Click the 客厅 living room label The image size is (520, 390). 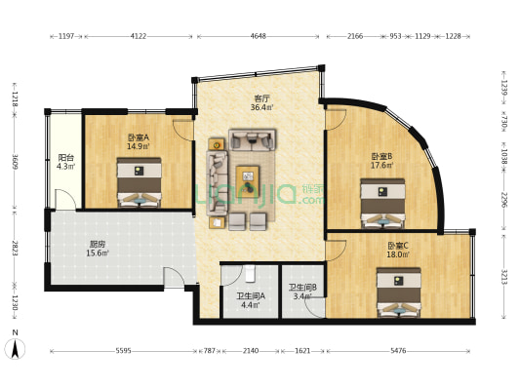260,98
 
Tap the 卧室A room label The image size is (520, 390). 138,137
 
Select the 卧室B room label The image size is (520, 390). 380,156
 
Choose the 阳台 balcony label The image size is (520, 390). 65,157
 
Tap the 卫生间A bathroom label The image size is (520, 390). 250,295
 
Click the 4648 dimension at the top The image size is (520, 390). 258,37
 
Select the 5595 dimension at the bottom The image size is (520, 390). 123,349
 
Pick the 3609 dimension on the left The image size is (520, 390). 15,161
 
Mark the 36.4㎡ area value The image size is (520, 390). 260,108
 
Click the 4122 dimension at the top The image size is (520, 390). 139,37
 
